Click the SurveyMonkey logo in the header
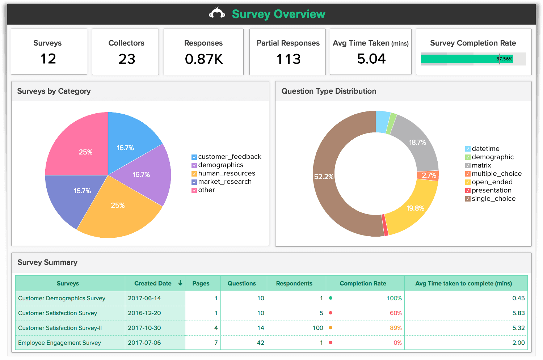pyautogui.click(x=217, y=13)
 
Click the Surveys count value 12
pyautogui.click(x=48, y=59)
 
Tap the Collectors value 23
pyautogui.click(x=127, y=59)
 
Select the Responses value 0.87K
pyautogui.click(x=204, y=59)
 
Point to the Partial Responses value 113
pyautogui.click(x=289, y=59)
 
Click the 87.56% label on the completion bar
pyautogui.click(x=504, y=59)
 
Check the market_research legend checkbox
pyautogui.click(x=194, y=182)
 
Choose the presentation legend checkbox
pyautogui.click(x=468, y=191)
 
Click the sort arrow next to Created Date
pyautogui.click(x=180, y=283)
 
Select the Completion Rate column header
pyautogui.click(x=363, y=283)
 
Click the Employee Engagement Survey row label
pyautogui.click(x=59, y=343)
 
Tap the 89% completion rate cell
pyautogui.click(x=396, y=328)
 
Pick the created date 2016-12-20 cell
pyautogui.click(x=144, y=313)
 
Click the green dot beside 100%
pyautogui.click(x=331, y=298)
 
